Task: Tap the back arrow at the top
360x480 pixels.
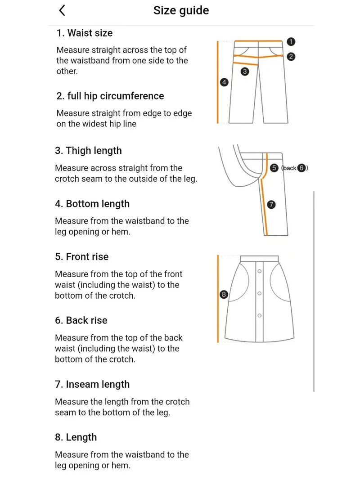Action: click(x=62, y=10)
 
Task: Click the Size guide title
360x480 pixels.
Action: click(x=181, y=10)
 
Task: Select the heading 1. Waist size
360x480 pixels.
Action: click(x=84, y=33)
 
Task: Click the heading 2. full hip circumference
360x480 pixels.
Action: click(x=110, y=96)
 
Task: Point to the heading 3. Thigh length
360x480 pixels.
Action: click(x=88, y=151)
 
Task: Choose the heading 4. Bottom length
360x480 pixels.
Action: click(x=92, y=204)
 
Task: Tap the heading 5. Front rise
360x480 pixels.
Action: click(x=81, y=257)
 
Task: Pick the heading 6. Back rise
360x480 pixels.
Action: click(x=81, y=320)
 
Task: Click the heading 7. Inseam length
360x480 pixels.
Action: click(x=92, y=384)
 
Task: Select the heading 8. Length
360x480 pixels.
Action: click(x=76, y=437)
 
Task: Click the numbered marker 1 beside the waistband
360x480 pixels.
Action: click(x=291, y=42)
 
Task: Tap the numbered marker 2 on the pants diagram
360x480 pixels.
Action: click(x=291, y=57)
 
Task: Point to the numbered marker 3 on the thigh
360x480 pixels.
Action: click(x=245, y=71)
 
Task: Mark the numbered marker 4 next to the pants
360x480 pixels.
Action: click(x=224, y=82)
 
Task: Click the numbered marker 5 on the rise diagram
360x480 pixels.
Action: click(x=274, y=168)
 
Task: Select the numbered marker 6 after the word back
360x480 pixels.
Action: click(x=301, y=168)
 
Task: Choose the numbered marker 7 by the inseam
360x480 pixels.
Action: click(x=271, y=205)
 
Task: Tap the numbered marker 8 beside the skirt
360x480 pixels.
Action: click(x=224, y=295)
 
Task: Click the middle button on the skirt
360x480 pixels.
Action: click(x=260, y=293)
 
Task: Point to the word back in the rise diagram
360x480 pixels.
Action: click(x=289, y=168)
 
